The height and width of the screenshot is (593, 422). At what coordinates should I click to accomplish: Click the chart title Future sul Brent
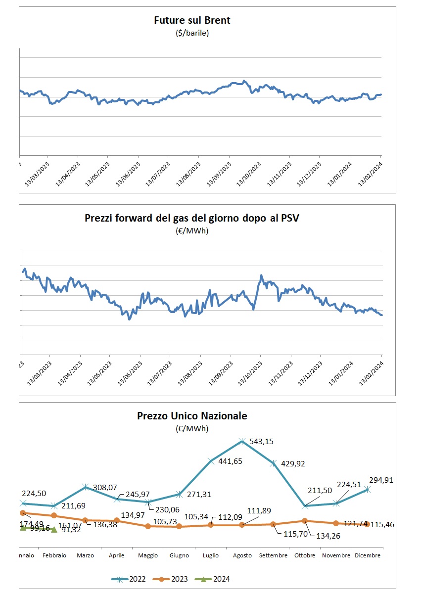tap(192, 21)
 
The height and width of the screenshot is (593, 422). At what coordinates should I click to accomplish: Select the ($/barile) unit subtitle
tap(192, 34)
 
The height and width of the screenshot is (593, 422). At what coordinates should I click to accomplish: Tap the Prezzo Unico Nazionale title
tap(192, 416)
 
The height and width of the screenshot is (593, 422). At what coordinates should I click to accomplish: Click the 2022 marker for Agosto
tap(242, 441)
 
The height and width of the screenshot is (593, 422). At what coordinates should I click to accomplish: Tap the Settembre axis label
tap(273, 555)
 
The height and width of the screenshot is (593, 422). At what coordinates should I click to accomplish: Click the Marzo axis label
tap(85, 555)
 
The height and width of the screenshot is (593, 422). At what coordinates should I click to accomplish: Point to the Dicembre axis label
tap(368, 555)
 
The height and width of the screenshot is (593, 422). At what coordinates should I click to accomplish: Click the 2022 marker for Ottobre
tap(305, 506)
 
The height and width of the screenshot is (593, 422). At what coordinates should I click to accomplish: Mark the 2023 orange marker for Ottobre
tap(305, 520)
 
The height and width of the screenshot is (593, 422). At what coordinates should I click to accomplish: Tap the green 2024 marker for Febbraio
tap(54, 529)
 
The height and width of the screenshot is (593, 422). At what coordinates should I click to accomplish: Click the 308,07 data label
tap(107, 487)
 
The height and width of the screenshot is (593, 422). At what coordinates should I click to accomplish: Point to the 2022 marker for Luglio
tap(211, 461)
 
